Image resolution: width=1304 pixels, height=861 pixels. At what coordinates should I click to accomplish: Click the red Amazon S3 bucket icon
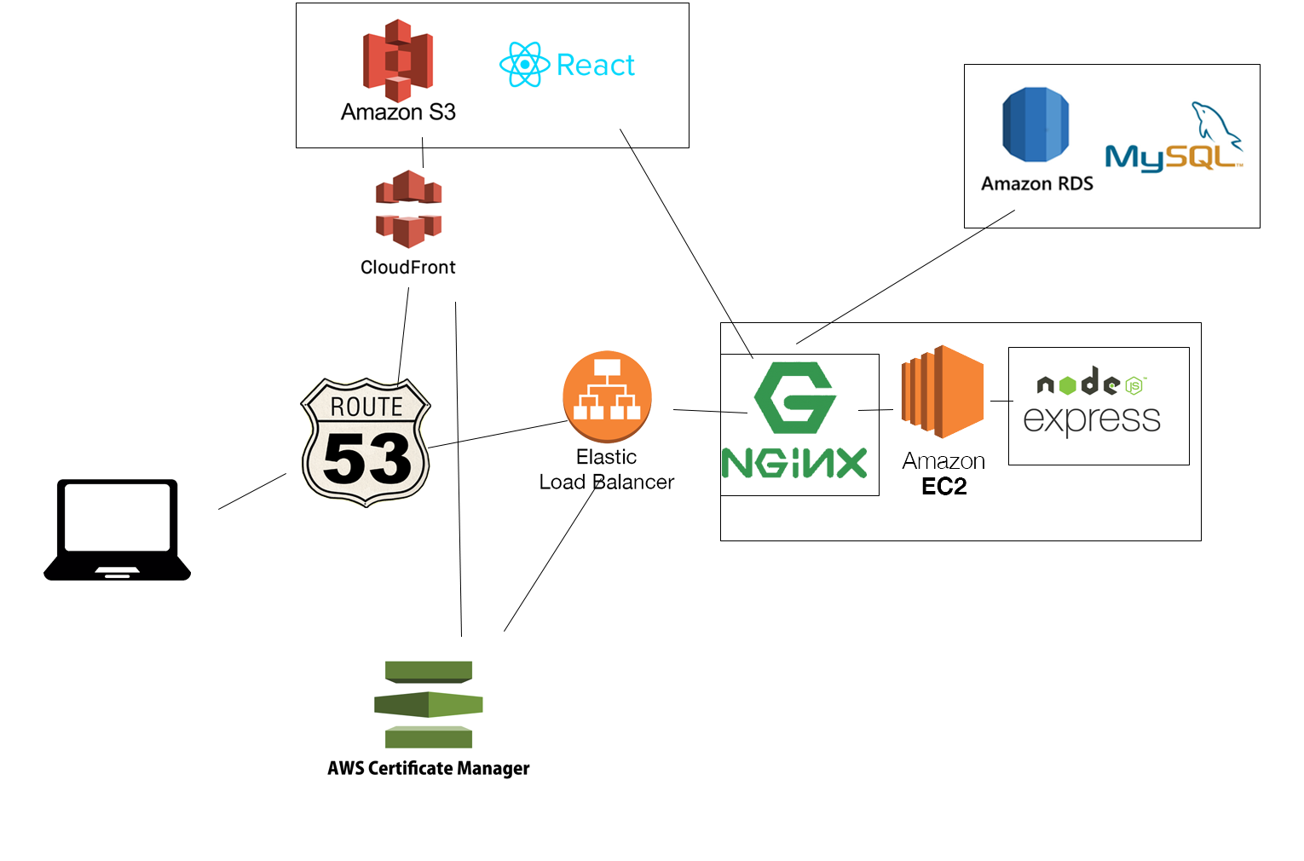click(398, 60)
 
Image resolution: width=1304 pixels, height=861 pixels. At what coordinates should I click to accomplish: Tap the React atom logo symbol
click(524, 65)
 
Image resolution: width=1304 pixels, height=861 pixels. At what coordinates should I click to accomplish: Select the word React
click(596, 65)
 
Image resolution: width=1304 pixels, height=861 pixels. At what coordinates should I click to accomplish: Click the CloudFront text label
click(407, 267)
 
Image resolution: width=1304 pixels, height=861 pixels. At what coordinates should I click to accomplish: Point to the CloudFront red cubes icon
click(408, 208)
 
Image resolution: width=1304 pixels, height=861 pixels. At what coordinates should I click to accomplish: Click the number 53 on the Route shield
click(366, 459)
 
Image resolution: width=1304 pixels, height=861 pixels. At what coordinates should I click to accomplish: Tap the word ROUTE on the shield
click(366, 407)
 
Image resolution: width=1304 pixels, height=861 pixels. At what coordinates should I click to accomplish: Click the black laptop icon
click(117, 529)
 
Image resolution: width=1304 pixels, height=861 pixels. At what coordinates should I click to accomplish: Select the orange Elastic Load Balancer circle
click(607, 396)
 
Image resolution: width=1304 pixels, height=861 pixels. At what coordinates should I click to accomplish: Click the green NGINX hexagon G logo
click(795, 397)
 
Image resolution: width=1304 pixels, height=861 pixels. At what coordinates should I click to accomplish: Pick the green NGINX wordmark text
click(794, 464)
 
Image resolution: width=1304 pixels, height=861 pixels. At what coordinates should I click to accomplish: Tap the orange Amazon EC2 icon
click(943, 391)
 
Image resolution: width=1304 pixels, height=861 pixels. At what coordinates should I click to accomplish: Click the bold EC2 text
click(944, 487)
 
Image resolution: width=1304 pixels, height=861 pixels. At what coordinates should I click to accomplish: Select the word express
click(1092, 419)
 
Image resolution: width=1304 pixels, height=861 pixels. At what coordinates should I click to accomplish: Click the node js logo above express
click(1092, 383)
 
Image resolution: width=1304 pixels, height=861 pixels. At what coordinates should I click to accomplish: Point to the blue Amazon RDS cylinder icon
click(1036, 124)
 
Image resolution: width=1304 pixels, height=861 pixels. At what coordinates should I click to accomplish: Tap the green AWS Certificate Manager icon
click(429, 704)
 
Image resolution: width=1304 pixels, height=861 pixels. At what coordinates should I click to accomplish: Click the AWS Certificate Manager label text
click(429, 768)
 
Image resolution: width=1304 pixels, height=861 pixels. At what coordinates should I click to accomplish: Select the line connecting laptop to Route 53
click(252, 491)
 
